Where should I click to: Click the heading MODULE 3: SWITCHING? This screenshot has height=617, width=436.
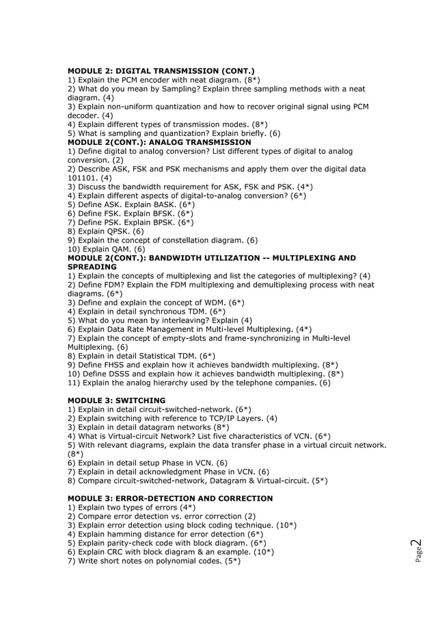pos(116,400)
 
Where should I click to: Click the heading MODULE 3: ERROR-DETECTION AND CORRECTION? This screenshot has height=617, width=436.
pos(169,499)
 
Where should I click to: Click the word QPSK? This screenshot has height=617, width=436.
pos(115,231)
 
